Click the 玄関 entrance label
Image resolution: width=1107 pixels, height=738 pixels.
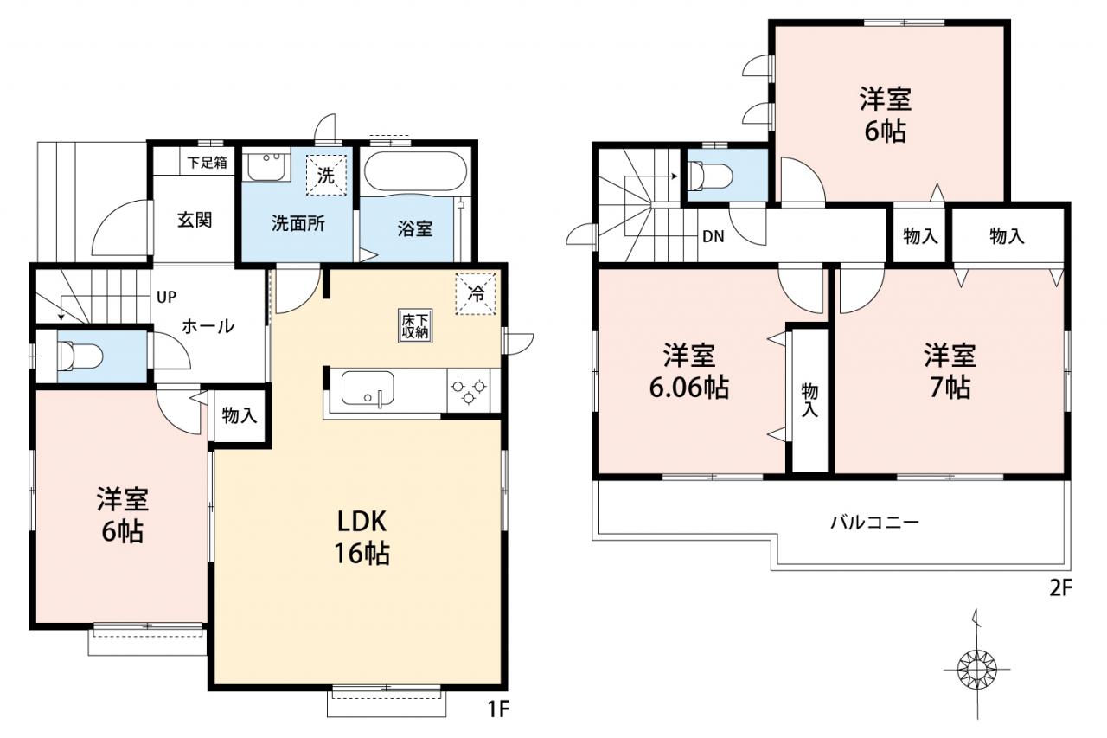[x=195, y=220]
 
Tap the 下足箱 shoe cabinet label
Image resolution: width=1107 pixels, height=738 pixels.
[x=207, y=163]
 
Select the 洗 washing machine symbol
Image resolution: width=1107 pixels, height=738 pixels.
[x=326, y=176]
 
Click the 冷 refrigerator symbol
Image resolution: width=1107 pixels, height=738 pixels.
[x=476, y=293]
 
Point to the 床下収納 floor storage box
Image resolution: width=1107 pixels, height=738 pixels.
[x=415, y=326]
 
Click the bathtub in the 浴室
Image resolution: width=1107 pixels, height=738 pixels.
[x=415, y=171]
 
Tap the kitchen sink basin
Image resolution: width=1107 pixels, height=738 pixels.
[x=368, y=388]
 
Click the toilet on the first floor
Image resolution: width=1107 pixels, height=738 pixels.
[x=79, y=356]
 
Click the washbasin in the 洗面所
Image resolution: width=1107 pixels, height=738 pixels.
[x=266, y=166]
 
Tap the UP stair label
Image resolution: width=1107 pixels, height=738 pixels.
[x=166, y=297]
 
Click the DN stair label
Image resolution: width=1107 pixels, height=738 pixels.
[x=713, y=237]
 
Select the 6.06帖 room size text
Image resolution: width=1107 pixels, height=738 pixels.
[x=689, y=388]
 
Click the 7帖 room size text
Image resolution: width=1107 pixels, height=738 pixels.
[x=950, y=388]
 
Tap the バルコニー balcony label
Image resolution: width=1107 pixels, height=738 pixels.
[x=874, y=522]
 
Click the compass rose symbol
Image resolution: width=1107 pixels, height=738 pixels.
[x=977, y=671]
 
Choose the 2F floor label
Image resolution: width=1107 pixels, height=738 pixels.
[x=1059, y=588]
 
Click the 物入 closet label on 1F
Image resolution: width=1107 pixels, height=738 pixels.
[x=240, y=415]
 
